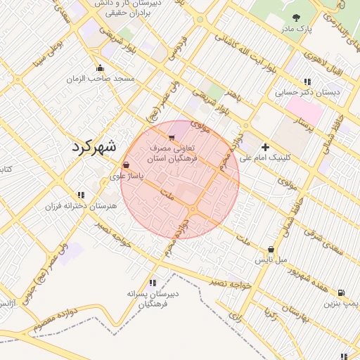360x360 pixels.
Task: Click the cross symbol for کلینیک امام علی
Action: click(x=265, y=147)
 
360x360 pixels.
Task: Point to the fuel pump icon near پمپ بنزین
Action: click(x=341, y=292)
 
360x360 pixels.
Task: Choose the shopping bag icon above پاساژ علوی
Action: click(x=126, y=165)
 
